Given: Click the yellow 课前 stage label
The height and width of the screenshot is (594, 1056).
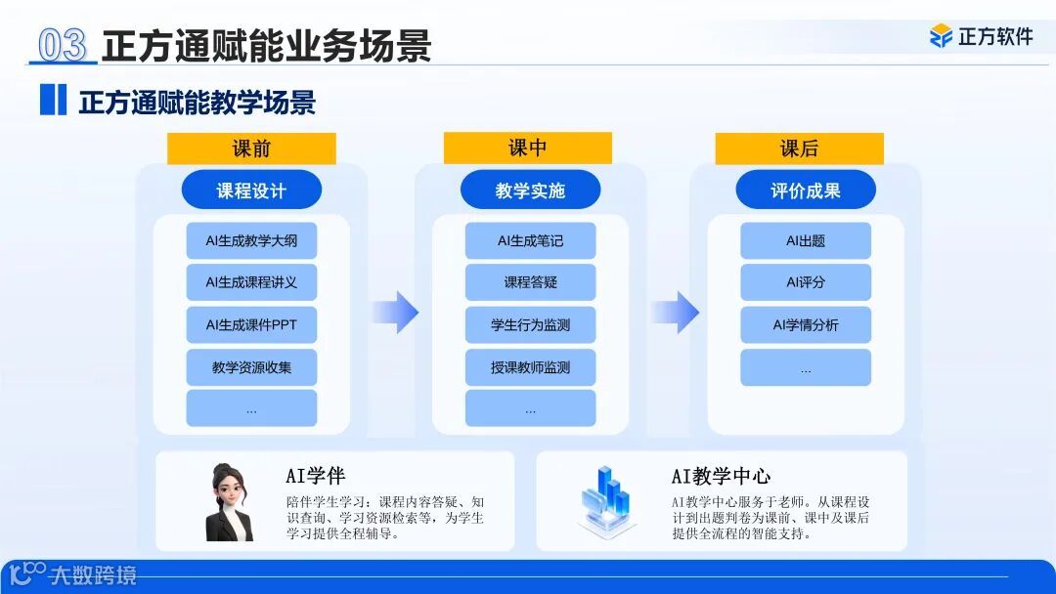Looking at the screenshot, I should (x=251, y=148).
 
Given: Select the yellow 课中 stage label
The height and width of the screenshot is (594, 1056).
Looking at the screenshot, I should (x=527, y=148).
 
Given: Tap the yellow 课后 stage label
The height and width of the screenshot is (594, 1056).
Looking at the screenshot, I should (x=799, y=148).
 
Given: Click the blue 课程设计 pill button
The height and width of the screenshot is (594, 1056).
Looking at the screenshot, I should (x=251, y=191).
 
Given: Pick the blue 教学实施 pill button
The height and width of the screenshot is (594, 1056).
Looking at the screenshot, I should (x=530, y=191).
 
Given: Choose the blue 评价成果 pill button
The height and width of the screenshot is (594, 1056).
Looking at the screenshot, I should (x=805, y=191).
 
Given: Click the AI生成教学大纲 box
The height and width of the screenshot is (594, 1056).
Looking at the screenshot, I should (x=251, y=241).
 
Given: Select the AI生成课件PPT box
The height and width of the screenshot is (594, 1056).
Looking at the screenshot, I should (x=251, y=325).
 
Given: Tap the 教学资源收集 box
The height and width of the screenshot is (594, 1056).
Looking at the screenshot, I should (x=251, y=367).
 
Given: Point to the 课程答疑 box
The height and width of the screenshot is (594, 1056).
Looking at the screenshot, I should (x=530, y=282).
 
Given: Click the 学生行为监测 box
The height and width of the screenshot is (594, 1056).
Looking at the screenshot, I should (x=530, y=325).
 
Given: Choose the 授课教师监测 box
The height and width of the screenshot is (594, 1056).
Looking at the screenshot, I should (x=530, y=367).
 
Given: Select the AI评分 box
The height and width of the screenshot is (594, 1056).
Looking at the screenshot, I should (x=806, y=282).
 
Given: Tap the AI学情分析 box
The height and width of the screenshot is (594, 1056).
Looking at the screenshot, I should (x=806, y=325).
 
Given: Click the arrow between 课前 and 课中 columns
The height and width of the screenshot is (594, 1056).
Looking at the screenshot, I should (x=395, y=313).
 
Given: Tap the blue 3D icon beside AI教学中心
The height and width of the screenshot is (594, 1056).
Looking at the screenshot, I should (x=607, y=499).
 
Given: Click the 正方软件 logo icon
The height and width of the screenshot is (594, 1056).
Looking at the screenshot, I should (x=941, y=36).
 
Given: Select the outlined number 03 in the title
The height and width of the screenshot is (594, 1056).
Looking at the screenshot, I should (x=63, y=45).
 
